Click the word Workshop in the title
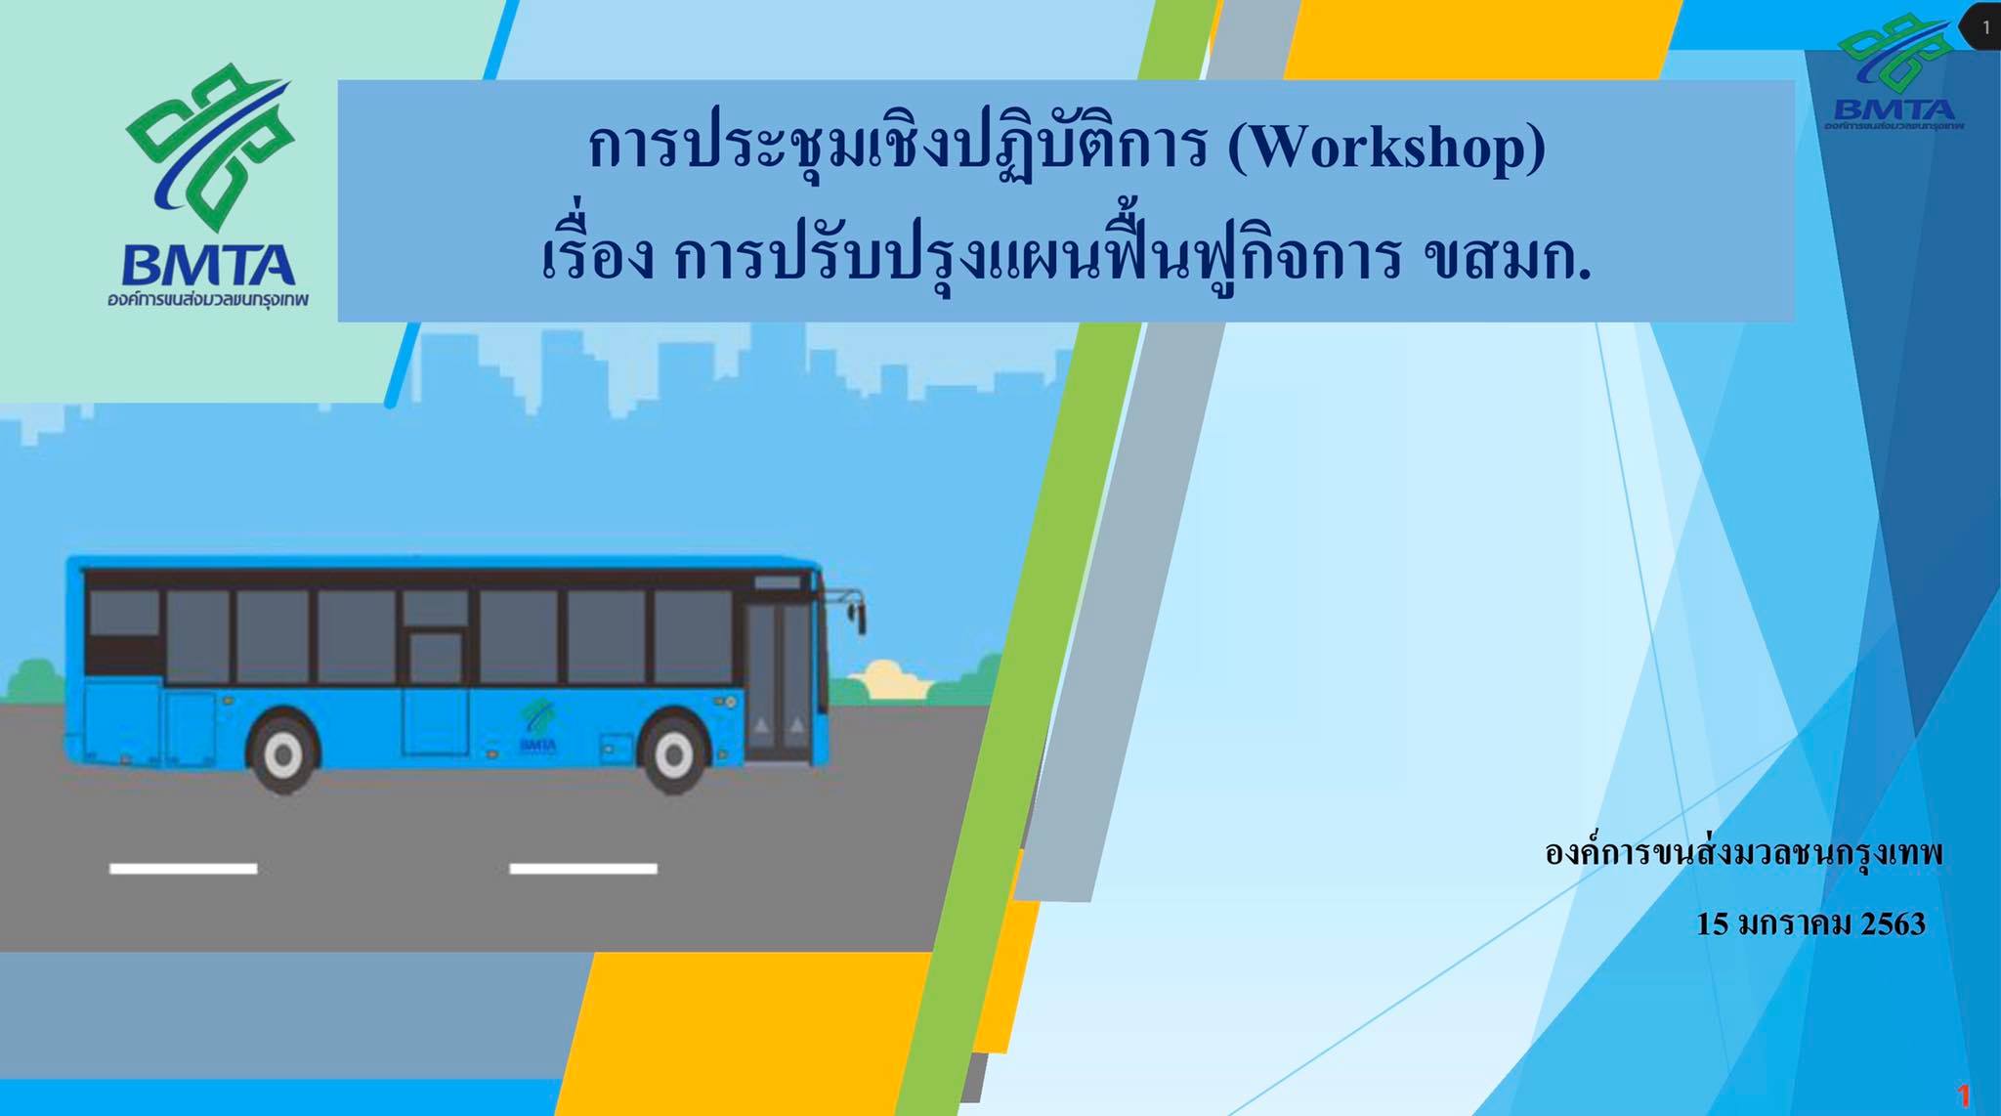(x=1386, y=149)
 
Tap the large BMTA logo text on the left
(x=208, y=265)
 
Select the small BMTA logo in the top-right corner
(x=1895, y=73)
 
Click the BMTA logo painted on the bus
(x=537, y=727)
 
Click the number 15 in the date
(x=1713, y=923)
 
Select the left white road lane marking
(x=184, y=868)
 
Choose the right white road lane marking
(x=583, y=868)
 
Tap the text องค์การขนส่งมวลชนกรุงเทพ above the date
(x=1744, y=852)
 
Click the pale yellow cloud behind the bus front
(x=888, y=680)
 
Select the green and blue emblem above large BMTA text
(x=209, y=147)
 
